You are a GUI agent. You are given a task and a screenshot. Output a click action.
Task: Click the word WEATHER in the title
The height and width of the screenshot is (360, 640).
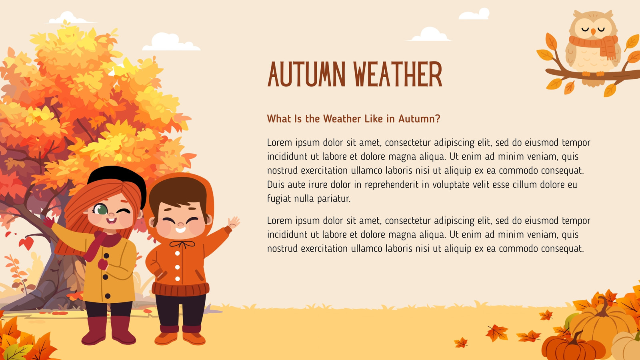[398, 74]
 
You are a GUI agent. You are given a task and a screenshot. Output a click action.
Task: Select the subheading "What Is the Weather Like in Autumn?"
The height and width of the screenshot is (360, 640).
[354, 118]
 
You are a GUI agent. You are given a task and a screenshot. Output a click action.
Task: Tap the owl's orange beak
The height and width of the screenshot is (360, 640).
[593, 32]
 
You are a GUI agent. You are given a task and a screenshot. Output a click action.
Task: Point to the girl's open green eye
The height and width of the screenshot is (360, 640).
[100, 210]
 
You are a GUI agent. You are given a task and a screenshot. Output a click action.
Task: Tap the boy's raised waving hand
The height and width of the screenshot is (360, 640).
[234, 222]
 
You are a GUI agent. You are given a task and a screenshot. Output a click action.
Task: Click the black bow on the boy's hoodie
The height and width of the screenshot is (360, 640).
[182, 244]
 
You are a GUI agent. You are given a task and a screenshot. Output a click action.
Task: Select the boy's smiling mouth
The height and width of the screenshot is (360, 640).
[180, 230]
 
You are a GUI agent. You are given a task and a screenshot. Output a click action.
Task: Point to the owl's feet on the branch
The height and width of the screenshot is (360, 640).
[593, 74]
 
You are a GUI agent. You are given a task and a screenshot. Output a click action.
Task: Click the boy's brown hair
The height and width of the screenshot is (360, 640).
[178, 193]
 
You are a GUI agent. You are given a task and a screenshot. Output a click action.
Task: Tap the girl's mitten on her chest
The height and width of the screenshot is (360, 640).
[103, 264]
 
